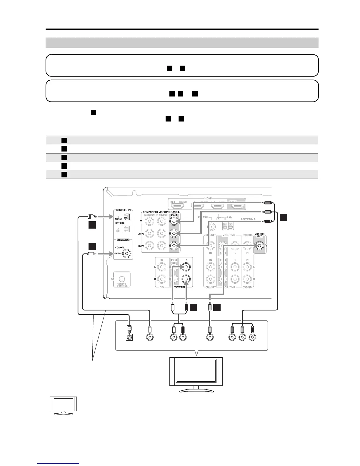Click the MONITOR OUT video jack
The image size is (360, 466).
click(x=259, y=246)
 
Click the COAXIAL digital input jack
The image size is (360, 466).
click(x=127, y=253)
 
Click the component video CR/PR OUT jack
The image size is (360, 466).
click(x=174, y=245)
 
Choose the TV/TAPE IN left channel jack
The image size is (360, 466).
click(x=186, y=267)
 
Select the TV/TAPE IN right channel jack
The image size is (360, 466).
click(x=186, y=279)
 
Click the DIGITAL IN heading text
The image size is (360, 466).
click(x=123, y=210)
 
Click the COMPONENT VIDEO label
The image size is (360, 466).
click(x=154, y=212)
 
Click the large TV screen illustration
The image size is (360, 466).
click(x=196, y=371)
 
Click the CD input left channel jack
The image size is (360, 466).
click(x=161, y=267)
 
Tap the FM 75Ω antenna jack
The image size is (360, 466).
click(x=211, y=227)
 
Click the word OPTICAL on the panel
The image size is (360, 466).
click(x=120, y=223)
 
